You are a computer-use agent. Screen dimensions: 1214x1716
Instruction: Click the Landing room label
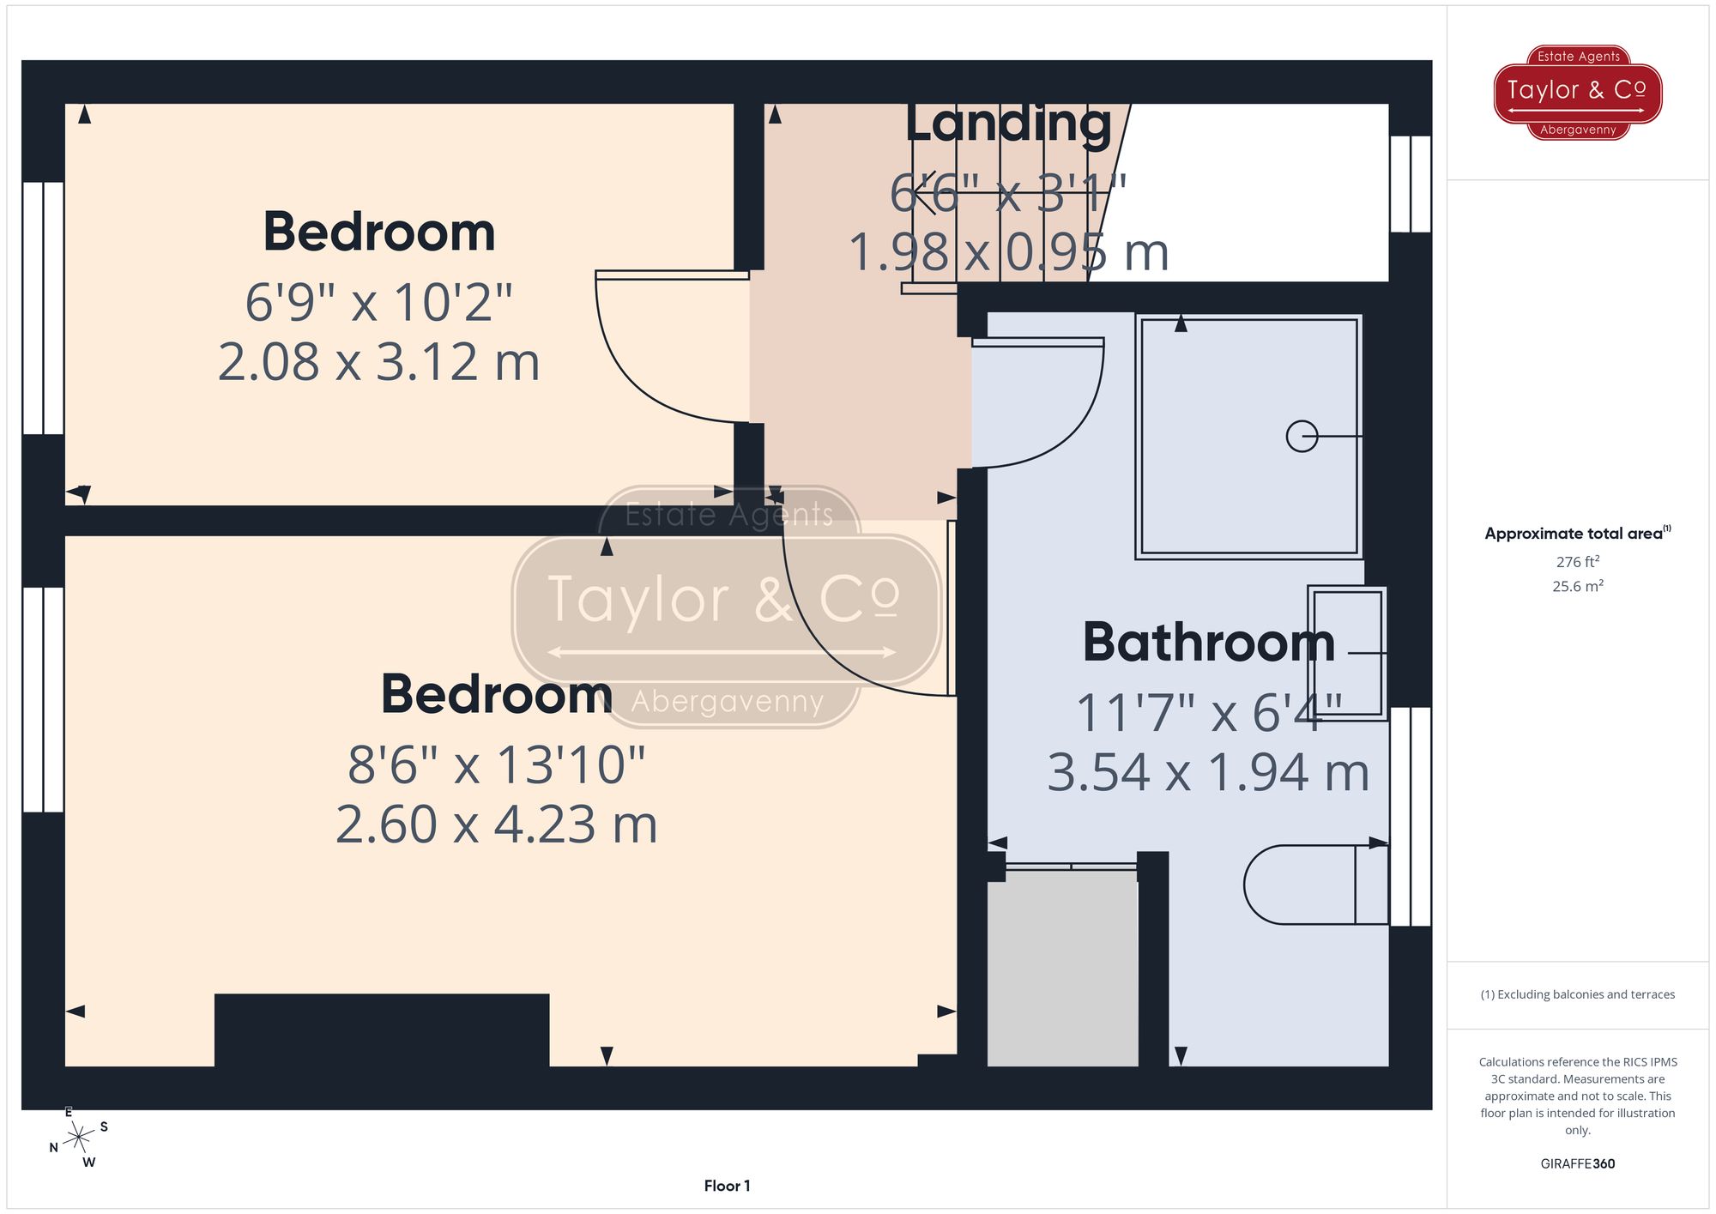click(1008, 124)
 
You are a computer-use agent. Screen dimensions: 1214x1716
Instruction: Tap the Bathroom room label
click(1208, 643)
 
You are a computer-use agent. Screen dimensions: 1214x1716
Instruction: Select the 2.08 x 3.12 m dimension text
click(378, 362)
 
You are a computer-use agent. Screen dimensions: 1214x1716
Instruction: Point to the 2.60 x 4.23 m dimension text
click(496, 824)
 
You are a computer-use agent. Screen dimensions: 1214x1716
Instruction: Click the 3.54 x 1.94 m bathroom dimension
click(1207, 772)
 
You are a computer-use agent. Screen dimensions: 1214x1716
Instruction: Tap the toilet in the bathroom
click(1313, 885)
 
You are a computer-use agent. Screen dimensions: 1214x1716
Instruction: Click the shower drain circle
click(1302, 437)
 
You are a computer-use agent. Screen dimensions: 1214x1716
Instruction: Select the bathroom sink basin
click(1347, 653)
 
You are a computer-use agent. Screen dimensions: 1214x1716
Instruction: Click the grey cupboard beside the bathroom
click(1062, 969)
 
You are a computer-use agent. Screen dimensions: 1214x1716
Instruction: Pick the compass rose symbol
click(78, 1139)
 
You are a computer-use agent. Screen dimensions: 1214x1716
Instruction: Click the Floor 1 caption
click(727, 1186)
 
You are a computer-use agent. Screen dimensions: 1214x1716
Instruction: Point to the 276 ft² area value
click(1577, 562)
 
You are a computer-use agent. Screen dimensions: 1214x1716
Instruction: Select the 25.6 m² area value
click(1577, 587)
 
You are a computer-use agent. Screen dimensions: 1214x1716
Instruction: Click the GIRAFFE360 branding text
click(1577, 1164)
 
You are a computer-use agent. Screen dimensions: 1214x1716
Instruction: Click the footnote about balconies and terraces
click(1577, 995)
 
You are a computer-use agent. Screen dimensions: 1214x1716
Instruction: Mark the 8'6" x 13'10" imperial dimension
click(496, 764)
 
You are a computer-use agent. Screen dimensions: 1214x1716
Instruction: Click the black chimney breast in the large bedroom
click(382, 1030)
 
